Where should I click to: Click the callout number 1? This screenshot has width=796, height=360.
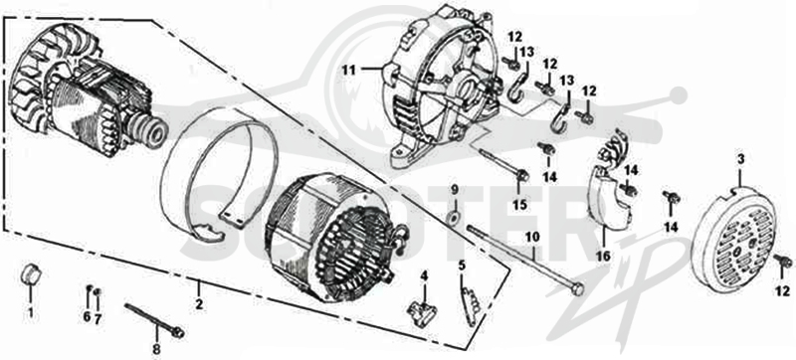point(30,313)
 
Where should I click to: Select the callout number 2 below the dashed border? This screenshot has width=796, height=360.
point(199,305)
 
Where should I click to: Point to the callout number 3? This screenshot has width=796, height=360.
point(740,160)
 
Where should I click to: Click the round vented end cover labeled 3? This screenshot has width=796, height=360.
point(734,241)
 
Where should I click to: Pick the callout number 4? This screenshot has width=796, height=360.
point(424,276)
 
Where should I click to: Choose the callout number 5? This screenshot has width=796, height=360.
point(462,265)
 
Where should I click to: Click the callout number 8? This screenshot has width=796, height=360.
point(156,349)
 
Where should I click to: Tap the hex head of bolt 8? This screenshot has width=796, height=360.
point(178,332)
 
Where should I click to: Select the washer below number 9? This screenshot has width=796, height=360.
point(451,218)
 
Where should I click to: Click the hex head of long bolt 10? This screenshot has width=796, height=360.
point(578,289)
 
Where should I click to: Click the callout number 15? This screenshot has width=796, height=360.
point(519,205)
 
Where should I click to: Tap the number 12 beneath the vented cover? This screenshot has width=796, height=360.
point(783,291)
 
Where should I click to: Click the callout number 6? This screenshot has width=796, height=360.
point(87,317)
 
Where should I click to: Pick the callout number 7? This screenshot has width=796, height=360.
point(97,317)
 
